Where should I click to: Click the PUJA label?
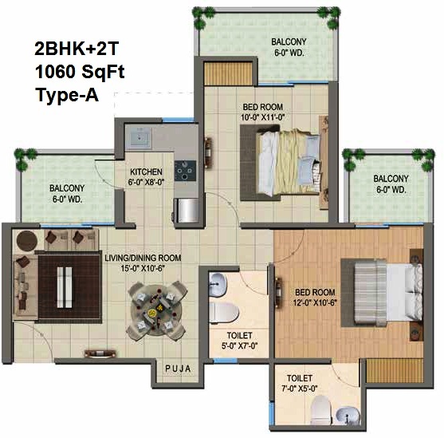[178, 369]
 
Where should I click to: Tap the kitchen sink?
[139, 138]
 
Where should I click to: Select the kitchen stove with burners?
[185, 171]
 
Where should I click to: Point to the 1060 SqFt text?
[80, 72]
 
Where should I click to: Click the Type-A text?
[67, 95]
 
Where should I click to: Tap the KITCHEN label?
[146, 172]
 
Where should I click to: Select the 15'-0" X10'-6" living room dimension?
[143, 268]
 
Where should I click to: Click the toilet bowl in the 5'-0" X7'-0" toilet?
[224, 312]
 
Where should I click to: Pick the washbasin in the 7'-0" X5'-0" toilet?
[348, 416]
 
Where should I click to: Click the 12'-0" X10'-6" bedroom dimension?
[315, 303]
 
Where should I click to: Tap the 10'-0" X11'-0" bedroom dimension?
[262, 117]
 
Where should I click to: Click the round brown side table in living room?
[27, 241]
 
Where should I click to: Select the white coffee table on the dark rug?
[65, 287]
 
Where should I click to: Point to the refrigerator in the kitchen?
[187, 211]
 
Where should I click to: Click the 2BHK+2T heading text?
[77, 49]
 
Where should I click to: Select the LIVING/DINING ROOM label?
[143, 258]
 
